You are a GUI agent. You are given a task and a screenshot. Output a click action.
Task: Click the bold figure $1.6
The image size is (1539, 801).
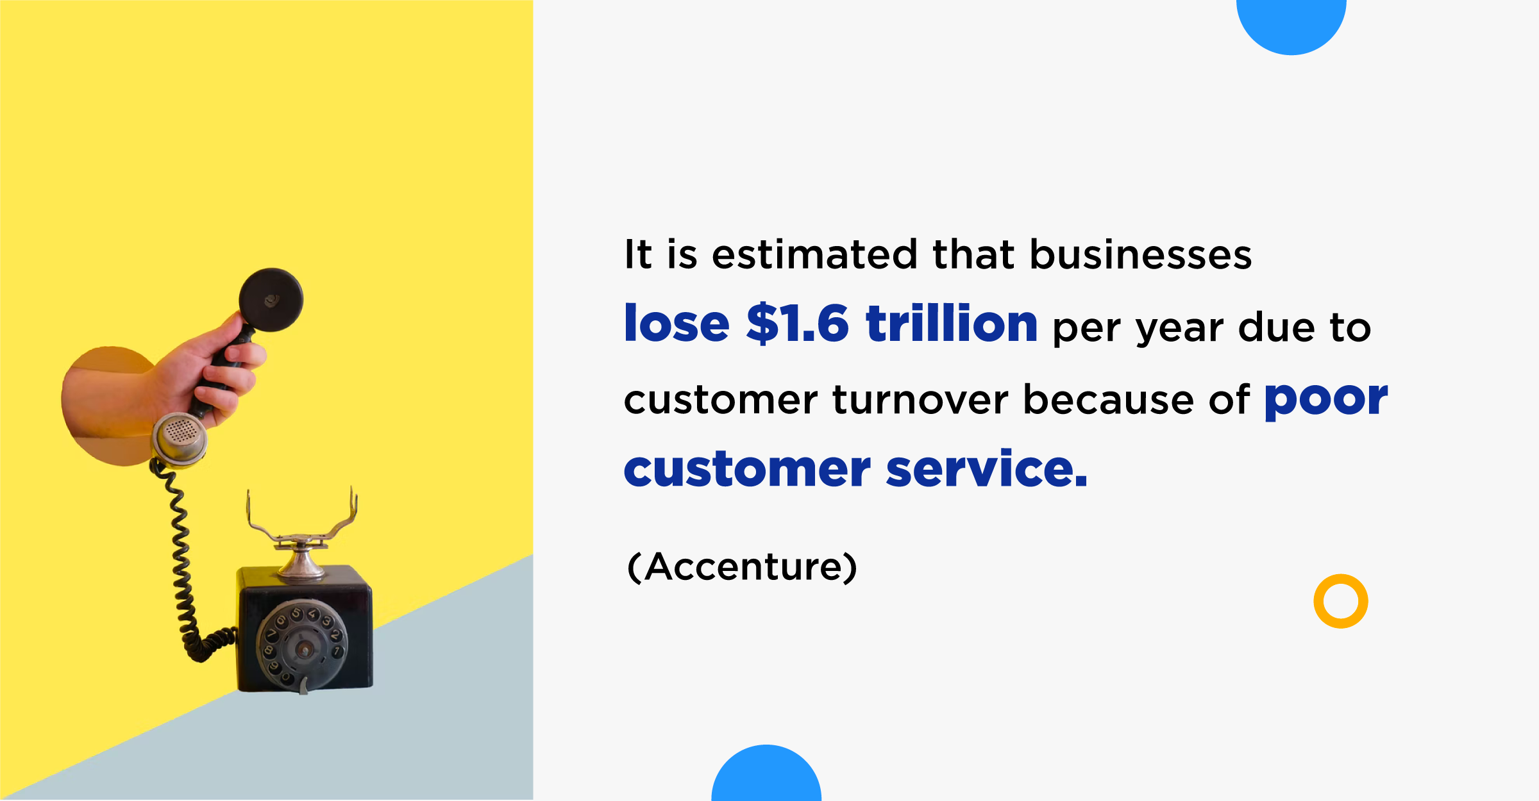point(798,324)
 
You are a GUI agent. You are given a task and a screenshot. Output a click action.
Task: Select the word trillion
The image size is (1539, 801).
point(952,323)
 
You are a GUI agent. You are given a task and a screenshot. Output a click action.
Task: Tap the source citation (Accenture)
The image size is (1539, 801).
point(742,567)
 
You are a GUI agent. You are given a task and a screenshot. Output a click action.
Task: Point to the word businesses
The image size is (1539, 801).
point(1141,254)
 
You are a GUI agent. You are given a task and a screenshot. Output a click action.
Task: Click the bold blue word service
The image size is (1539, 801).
point(986,468)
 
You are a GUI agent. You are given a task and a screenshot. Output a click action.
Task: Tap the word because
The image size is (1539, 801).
point(1109,399)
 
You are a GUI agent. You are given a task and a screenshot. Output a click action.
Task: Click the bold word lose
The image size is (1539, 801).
point(677,323)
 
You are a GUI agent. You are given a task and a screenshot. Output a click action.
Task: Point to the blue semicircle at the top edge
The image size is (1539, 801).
point(1291,26)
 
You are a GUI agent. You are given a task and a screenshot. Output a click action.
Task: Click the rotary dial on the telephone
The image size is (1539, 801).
point(301,645)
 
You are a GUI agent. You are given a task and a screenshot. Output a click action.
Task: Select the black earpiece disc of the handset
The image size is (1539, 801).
point(271,300)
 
